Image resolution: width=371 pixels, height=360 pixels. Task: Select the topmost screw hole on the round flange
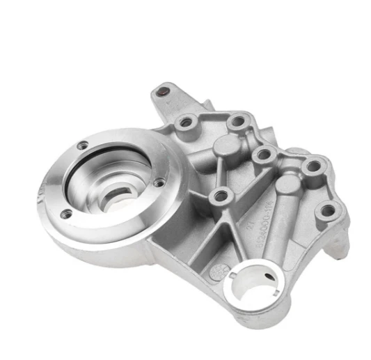(83, 145)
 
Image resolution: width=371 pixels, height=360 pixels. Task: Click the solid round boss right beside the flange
(226, 146)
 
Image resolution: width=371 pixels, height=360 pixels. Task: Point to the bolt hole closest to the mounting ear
(187, 123)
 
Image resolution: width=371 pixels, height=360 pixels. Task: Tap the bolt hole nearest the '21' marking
(222, 196)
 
